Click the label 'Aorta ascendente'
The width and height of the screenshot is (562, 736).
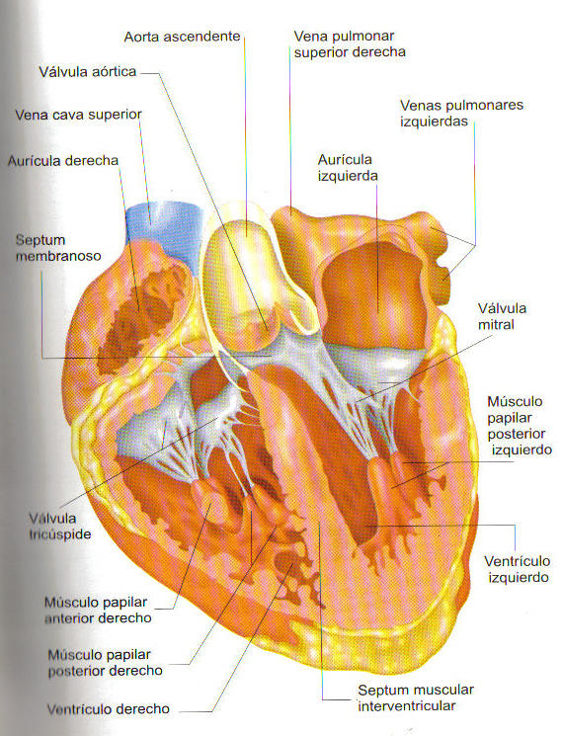tap(182, 37)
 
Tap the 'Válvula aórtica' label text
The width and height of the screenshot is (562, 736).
tap(87, 72)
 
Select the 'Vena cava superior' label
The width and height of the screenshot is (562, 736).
tap(78, 115)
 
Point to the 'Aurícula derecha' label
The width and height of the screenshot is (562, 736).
tap(63, 160)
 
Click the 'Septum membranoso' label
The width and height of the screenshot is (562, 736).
tap(58, 248)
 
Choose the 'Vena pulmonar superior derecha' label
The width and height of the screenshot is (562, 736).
tap(350, 43)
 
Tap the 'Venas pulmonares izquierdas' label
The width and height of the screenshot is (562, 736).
tap(461, 114)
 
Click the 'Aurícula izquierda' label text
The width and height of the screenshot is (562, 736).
tap(347, 168)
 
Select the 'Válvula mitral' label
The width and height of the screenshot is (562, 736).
tap(502, 316)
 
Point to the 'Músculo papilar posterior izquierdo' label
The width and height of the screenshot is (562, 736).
tap(520, 425)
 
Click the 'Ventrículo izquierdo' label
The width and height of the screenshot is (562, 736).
tap(517, 569)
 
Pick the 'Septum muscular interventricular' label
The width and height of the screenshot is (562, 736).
tap(416, 697)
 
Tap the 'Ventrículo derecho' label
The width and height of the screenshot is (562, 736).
tap(108, 708)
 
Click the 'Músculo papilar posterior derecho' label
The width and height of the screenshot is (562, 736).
tap(105, 662)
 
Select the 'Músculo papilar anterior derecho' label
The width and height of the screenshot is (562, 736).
tap(98, 610)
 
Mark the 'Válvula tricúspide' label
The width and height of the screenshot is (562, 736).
tap(59, 527)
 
